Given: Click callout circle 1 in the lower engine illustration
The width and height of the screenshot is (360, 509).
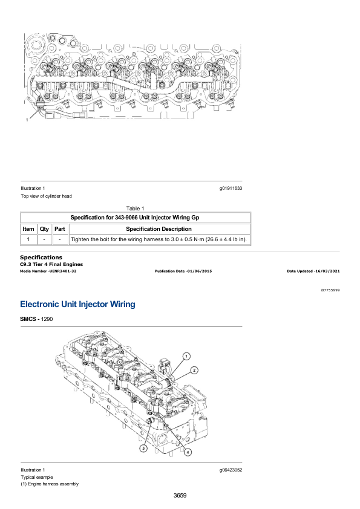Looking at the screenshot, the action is (x=186, y=356).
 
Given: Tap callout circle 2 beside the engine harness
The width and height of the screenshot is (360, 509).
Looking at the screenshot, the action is (x=194, y=371).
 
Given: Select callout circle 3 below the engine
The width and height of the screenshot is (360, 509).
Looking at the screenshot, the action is (x=143, y=449).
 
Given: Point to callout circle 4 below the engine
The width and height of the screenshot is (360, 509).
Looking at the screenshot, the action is (x=188, y=452).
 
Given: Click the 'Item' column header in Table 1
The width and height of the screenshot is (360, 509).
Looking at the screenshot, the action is (x=28, y=229).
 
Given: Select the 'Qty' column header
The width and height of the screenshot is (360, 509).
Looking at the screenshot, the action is (x=44, y=229).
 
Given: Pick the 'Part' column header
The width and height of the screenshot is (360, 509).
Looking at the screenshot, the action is (x=60, y=229).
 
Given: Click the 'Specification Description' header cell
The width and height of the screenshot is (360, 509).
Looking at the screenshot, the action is (x=159, y=229).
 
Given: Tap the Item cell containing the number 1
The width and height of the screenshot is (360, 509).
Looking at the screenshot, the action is (x=28, y=239).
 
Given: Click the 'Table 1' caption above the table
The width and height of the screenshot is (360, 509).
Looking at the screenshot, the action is (x=135, y=209).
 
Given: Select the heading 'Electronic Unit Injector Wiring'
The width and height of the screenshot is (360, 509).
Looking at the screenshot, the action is (x=77, y=304).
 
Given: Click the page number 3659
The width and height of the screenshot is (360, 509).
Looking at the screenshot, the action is (x=180, y=495).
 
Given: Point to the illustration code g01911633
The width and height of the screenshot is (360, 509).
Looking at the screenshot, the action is (x=231, y=188).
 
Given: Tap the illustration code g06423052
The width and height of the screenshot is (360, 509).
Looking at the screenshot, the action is (x=231, y=470).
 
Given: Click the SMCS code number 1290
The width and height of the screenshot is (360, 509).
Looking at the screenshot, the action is (x=47, y=319).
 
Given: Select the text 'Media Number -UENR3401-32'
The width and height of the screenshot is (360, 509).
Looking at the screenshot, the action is (x=48, y=271).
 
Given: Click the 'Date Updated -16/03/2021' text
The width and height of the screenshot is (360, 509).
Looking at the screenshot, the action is (x=313, y=271).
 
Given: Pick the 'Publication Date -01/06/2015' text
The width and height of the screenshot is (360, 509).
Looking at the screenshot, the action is (x=183, y=271).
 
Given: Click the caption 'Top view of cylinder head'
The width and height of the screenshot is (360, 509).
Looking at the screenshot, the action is (x=46, y=196).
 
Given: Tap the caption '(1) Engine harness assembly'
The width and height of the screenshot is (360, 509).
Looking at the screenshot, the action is (x=50, y=484).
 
